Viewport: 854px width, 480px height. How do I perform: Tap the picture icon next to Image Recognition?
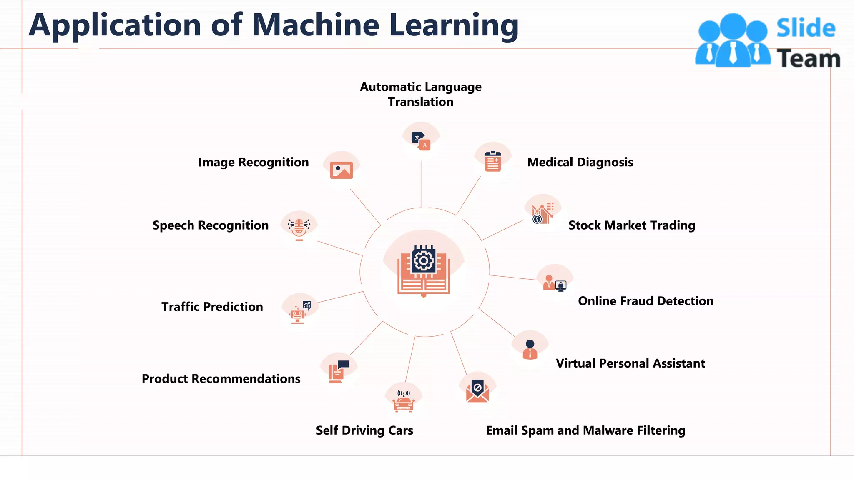point(341,170)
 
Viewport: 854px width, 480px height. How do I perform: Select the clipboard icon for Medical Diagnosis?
point(493,161)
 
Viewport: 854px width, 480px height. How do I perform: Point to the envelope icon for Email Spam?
point(477,391)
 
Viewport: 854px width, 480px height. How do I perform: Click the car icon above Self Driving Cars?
point(404,401)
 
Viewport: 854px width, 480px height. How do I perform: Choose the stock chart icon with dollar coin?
point(542,214)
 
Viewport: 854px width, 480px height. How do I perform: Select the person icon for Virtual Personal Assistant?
point(530,349)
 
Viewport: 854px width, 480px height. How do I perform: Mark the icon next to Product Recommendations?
point(338,371)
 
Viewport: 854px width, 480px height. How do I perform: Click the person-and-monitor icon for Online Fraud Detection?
point(555,283)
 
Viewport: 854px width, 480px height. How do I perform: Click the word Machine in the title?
point(316,25)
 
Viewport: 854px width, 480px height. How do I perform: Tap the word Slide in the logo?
point(806,28)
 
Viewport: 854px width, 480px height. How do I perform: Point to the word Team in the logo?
point(808,59)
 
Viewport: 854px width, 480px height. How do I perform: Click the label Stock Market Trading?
point(631,225)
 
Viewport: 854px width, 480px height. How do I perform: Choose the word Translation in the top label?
point(420,102)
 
